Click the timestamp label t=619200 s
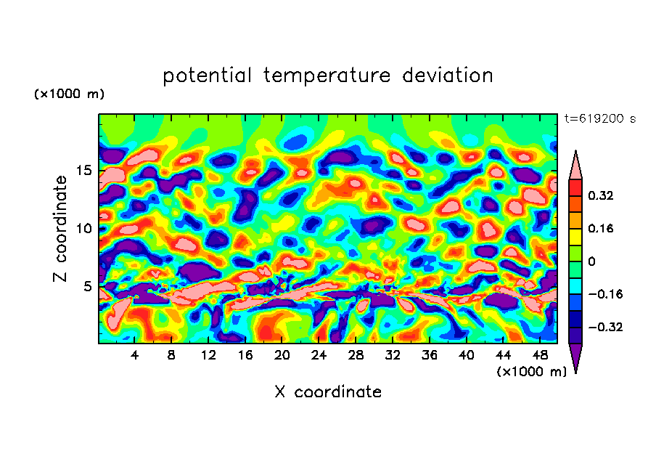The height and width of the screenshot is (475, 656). click(599, 119)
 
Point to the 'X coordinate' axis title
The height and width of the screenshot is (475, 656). click(328, 392)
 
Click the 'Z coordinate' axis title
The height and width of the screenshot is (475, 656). click(61, 229)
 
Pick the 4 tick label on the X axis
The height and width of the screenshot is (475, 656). click(135, 355)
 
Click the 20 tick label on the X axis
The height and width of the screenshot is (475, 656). click(282, 355)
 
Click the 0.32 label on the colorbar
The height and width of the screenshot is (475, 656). click(601, 196)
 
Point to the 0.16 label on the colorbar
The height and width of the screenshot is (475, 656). click(601, 229)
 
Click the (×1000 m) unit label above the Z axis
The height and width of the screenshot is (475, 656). click(70, 94)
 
